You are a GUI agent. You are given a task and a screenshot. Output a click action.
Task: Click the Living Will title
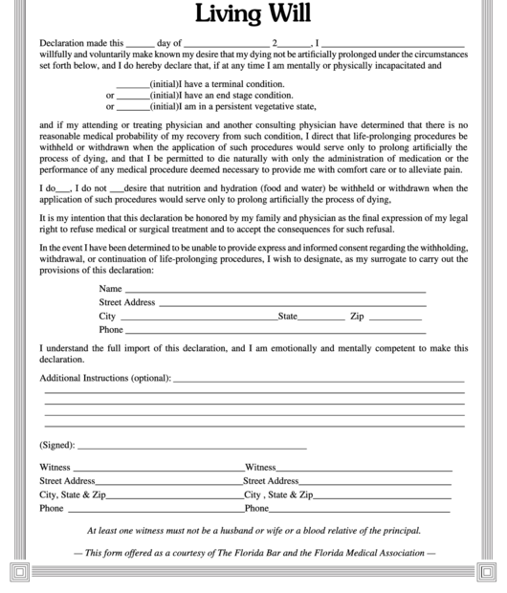tap(253, 14)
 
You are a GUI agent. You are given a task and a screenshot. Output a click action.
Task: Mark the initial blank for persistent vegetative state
tap(132, 108)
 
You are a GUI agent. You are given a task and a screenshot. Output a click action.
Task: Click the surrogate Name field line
tap(275, 290)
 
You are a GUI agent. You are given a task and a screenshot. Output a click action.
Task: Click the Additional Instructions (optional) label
tap(105, 379)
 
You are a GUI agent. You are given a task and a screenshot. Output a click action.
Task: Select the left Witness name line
tap(158, 469)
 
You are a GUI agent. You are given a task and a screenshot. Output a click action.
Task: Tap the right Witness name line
tap(364, 469)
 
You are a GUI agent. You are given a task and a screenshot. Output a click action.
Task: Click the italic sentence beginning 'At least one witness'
tap(253, 531)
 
